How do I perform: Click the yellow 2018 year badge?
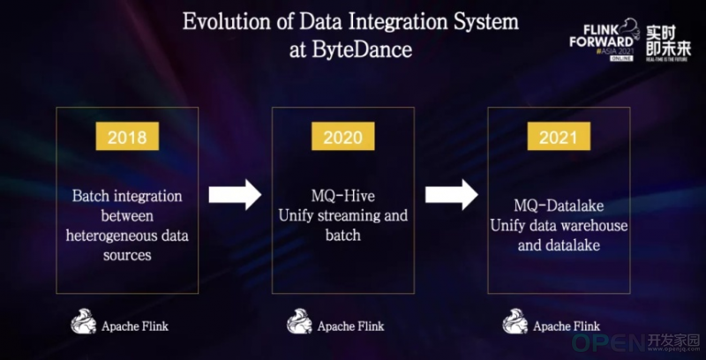[x=127, y=136]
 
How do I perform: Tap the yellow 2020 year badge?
[x=342, y=136]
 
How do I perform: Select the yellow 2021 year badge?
[x=559, y=136]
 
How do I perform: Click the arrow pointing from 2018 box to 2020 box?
[x=235, y=194]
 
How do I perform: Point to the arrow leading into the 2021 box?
[x=452, y=194]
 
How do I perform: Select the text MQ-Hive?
[x=342, y=196]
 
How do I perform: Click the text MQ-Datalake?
[x=559, y=206]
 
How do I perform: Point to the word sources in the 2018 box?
[x=127, y=255]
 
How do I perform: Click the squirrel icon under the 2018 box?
[x=84, y=321]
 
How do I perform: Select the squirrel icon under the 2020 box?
[x=299, y=321]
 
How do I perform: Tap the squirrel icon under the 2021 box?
[x=515, y=321]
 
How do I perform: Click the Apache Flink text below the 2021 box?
[x=567, y=326]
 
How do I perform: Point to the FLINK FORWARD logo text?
[x=601, y=36]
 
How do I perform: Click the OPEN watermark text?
[x=608, y=343]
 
